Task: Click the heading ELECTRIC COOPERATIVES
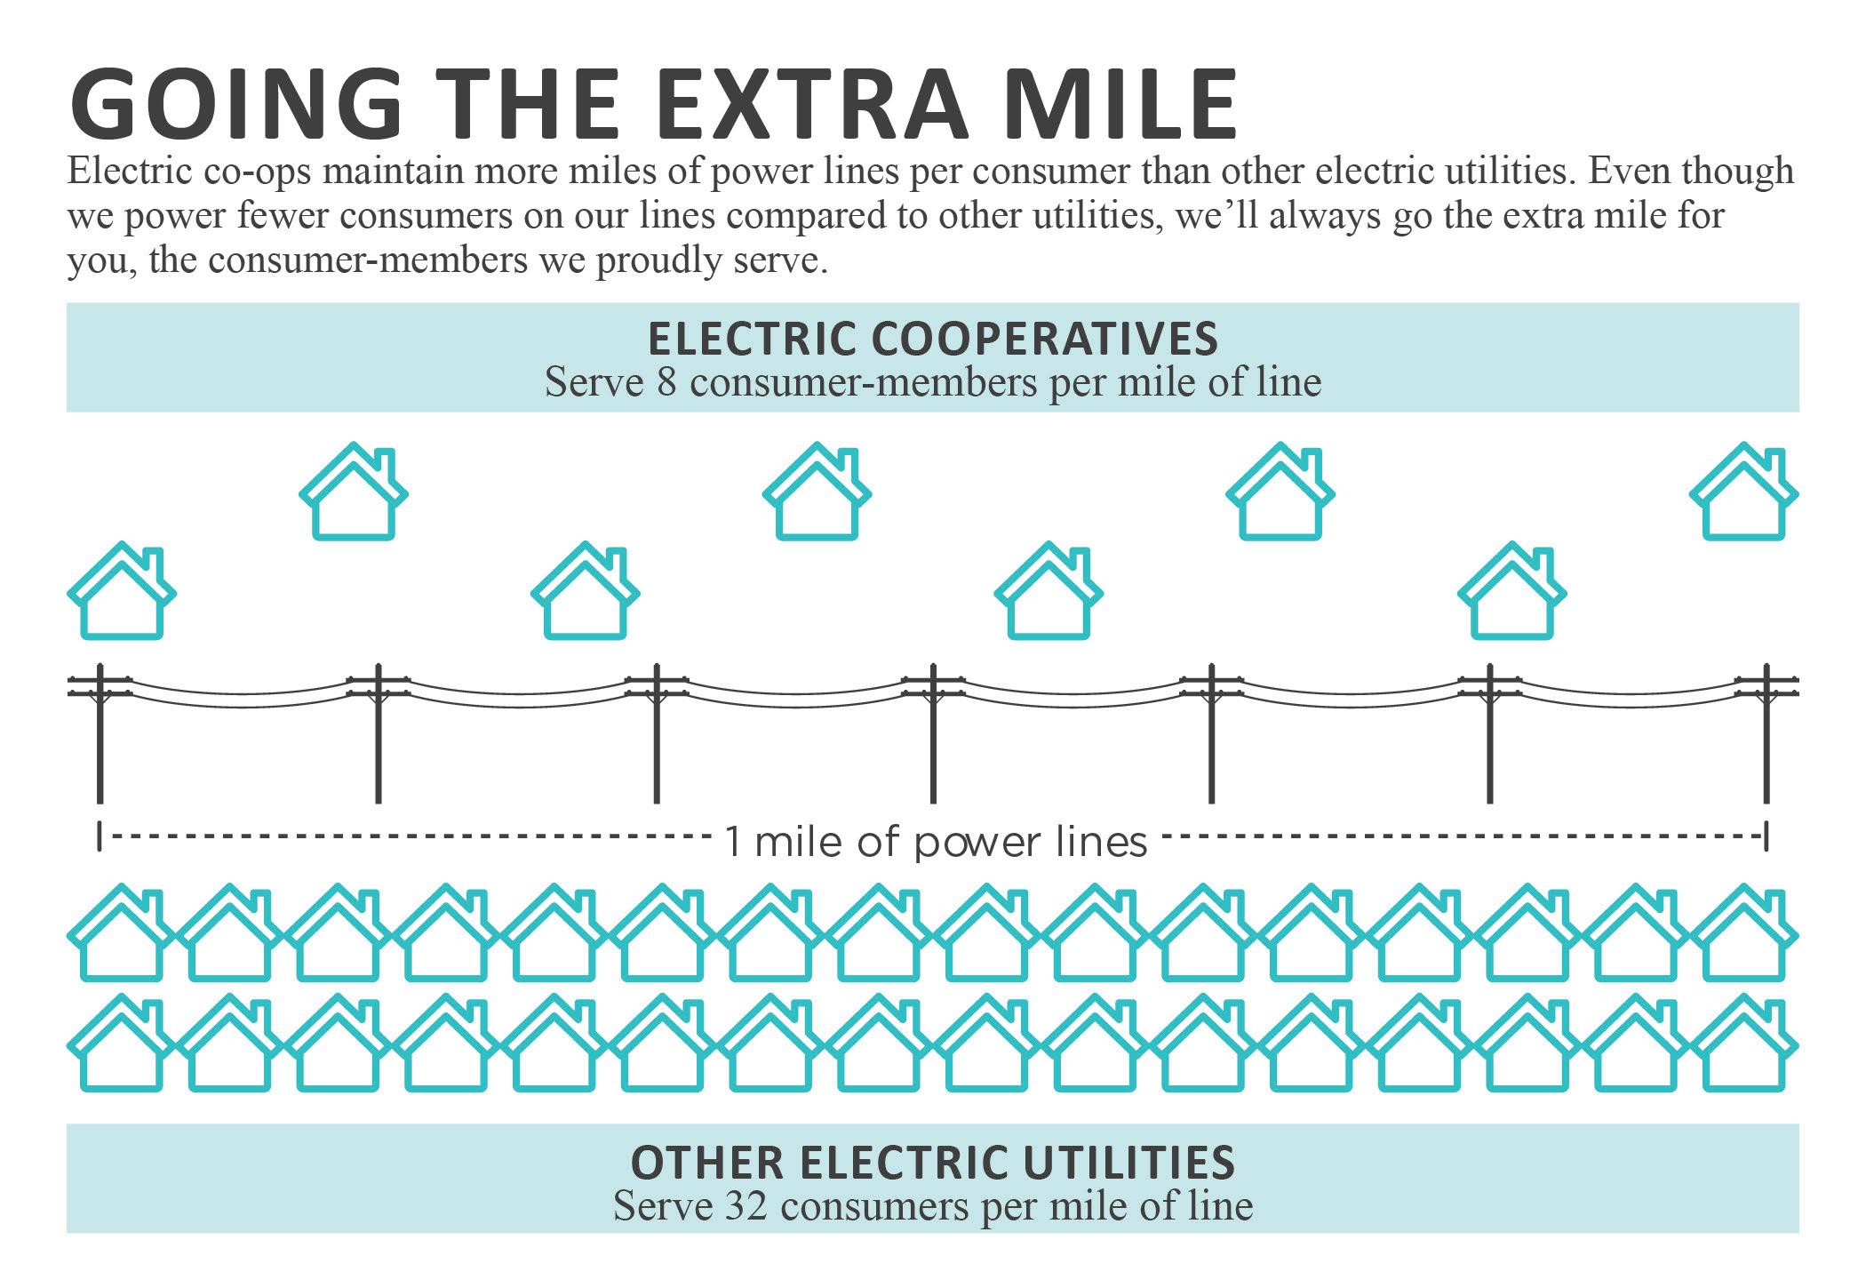pos(932,339)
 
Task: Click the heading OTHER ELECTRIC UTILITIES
pos(932,1162)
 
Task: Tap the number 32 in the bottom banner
pos(746,1206)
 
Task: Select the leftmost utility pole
pos(100,733)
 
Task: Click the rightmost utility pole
pos(1766,733)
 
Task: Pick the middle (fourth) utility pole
pos(933,733)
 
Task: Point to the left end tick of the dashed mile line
pos(99,836)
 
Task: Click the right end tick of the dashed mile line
pos(1766,836)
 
